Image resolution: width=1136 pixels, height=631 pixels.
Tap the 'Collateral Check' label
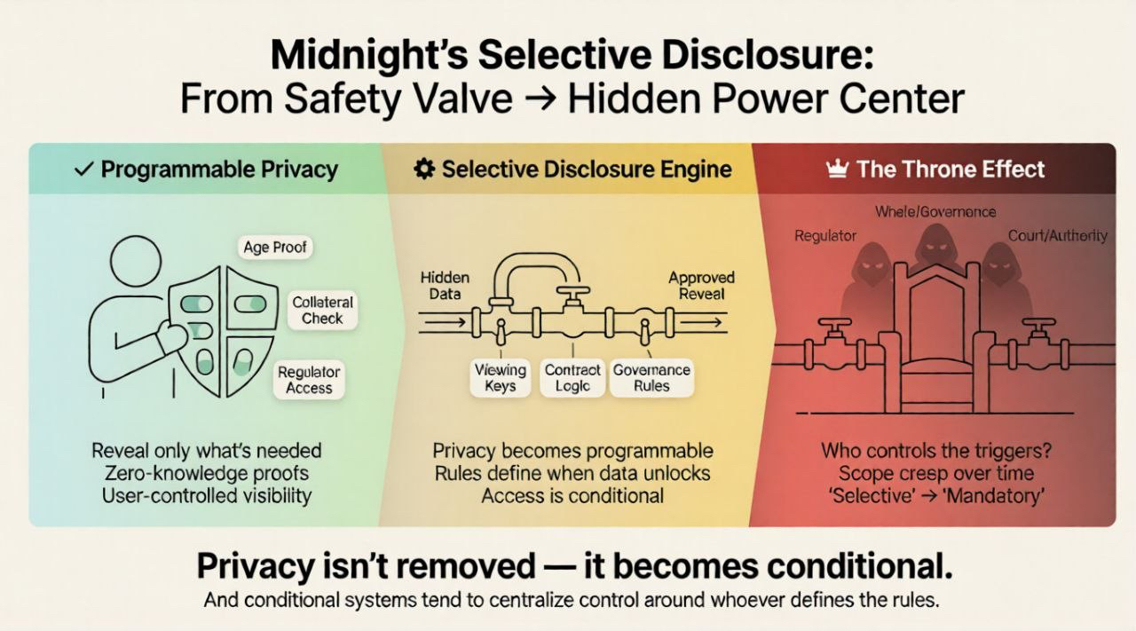pos(322,310)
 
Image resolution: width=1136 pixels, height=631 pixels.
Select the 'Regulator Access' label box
pos(309,380)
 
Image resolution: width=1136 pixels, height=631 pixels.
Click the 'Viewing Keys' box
pos(501,378)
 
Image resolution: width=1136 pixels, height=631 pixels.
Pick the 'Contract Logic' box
pos(572,378)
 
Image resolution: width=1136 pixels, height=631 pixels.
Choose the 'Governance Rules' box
pos(652,378)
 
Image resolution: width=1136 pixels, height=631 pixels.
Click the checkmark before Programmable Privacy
pos(84,170)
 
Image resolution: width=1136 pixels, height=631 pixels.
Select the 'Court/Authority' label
pos(1057,235)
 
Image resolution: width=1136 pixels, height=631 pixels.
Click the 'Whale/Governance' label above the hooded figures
pos(935,212)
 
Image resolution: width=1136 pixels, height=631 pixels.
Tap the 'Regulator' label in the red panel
pos(825,236)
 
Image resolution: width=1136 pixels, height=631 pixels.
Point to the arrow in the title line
pos(539,99)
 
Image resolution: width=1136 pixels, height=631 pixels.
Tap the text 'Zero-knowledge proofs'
pos(207,473)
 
